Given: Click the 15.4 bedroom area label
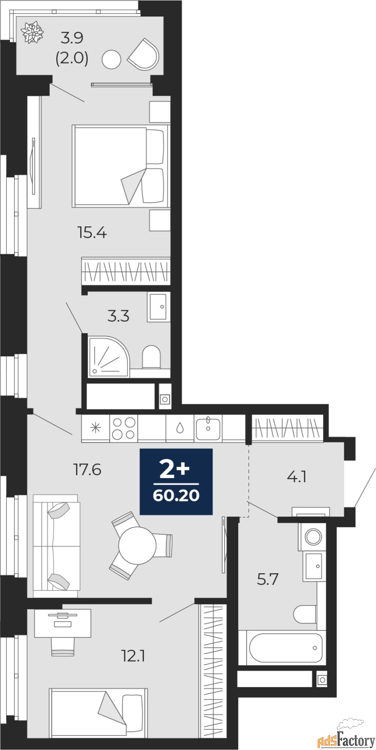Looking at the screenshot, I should pyautogui.click(x=92, y=232).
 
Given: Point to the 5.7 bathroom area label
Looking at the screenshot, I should pyautogui.click(x=268, y=579).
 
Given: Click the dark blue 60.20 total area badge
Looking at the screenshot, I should pyautogui.click(x=176, y=481).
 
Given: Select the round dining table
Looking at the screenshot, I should pyautogui.click(x=137, y=545).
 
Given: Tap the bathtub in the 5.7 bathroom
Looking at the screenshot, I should pyautogui.click(x=286, y=647).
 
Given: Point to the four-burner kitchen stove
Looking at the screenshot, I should pyautogui.click(x=124, y=428).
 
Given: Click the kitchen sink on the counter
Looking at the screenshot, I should pyautogui.click(x=208, y=428).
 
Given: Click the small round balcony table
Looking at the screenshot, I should pyautogui.click(x=112, y=60).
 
